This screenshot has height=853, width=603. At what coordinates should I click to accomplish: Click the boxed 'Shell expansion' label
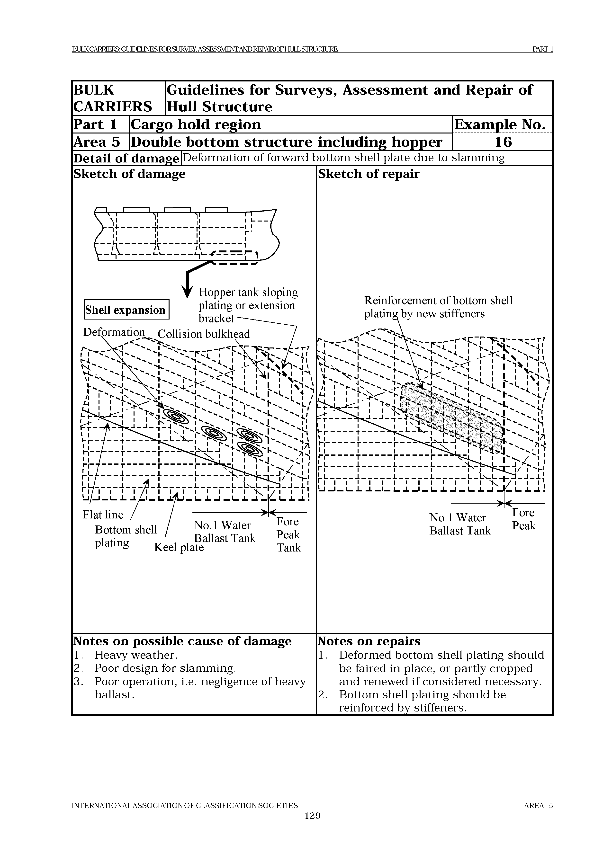pos(126,310)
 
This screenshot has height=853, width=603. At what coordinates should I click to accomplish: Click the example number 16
pos(503,142)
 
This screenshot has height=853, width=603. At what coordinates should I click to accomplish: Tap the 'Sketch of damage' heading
pos(129,174)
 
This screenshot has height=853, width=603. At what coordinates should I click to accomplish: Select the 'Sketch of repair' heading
pos(369,174)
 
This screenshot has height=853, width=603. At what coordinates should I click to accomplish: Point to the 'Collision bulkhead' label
pos(204,334)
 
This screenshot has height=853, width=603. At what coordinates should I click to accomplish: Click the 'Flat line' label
pos(103,515)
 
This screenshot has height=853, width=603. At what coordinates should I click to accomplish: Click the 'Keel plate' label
pos(179,547)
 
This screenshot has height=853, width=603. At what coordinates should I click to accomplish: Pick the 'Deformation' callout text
pos(114,332)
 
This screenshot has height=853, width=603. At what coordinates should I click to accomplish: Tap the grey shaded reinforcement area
pos(451,418)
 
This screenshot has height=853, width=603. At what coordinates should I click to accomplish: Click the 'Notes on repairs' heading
pos(369,641)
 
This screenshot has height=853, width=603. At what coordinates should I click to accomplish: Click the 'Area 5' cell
pos(97,142)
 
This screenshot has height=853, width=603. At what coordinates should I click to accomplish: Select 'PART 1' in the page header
pos(542,49)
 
